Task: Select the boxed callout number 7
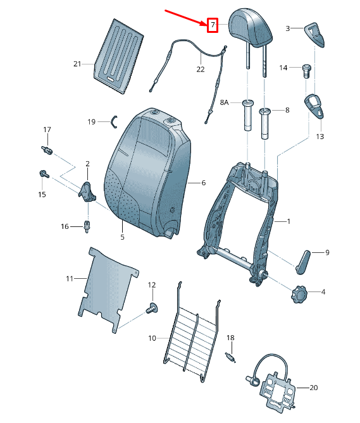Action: (213, 25)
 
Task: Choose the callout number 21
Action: (77, 64)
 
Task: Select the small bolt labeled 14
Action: (307, 68)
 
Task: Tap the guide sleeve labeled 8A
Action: (246, 114)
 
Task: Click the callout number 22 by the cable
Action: (200, 69)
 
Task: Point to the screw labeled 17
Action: (46, 150)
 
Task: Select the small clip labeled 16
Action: (87, 224)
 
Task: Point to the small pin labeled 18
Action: (232, 357)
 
